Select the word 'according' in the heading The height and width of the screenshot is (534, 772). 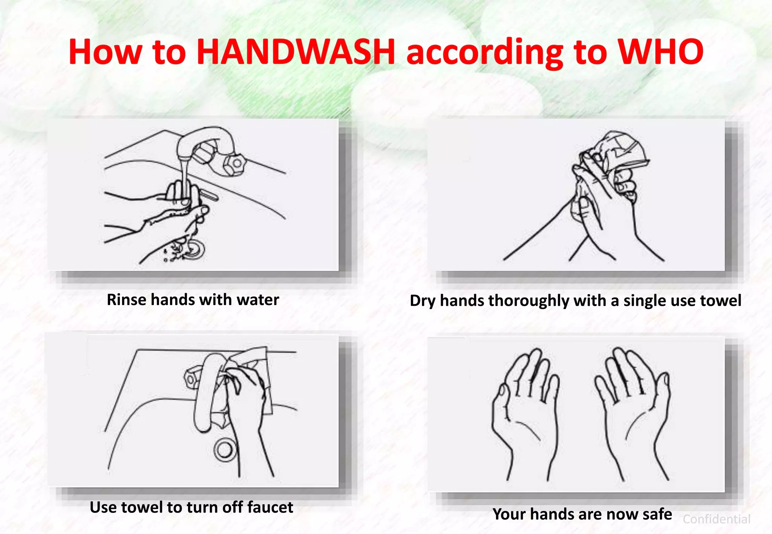(485, 53)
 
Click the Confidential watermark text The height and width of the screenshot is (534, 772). (716, 519)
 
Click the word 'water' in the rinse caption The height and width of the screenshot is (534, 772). (258, 300)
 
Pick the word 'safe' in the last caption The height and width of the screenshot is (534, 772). (657, 514)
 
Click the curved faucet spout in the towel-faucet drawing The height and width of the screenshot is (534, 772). (205, 395)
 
